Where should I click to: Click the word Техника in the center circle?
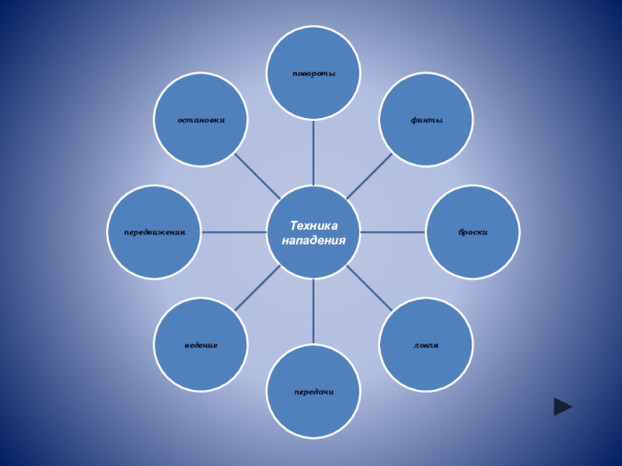[x=314, y=224]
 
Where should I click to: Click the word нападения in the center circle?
[x=314, y=240]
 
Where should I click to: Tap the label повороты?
[x=314, y=73]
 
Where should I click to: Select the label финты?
[x=427, y=120]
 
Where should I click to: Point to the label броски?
[x=473, y=232]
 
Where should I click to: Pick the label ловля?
[x=426, y=344]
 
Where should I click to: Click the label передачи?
[x=314, y=391]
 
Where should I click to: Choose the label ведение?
[x=201, y=344]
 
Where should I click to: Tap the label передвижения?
[x=155, y=232]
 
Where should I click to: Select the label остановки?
[x=201, y=120]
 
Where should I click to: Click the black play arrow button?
[x=563, y=406]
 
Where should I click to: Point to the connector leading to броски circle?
[x=393, y=232]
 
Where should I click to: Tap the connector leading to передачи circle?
[x=314, y=311]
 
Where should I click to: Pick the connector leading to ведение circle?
[x=257, y=289]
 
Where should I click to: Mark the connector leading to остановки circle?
[x=257, y=176]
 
